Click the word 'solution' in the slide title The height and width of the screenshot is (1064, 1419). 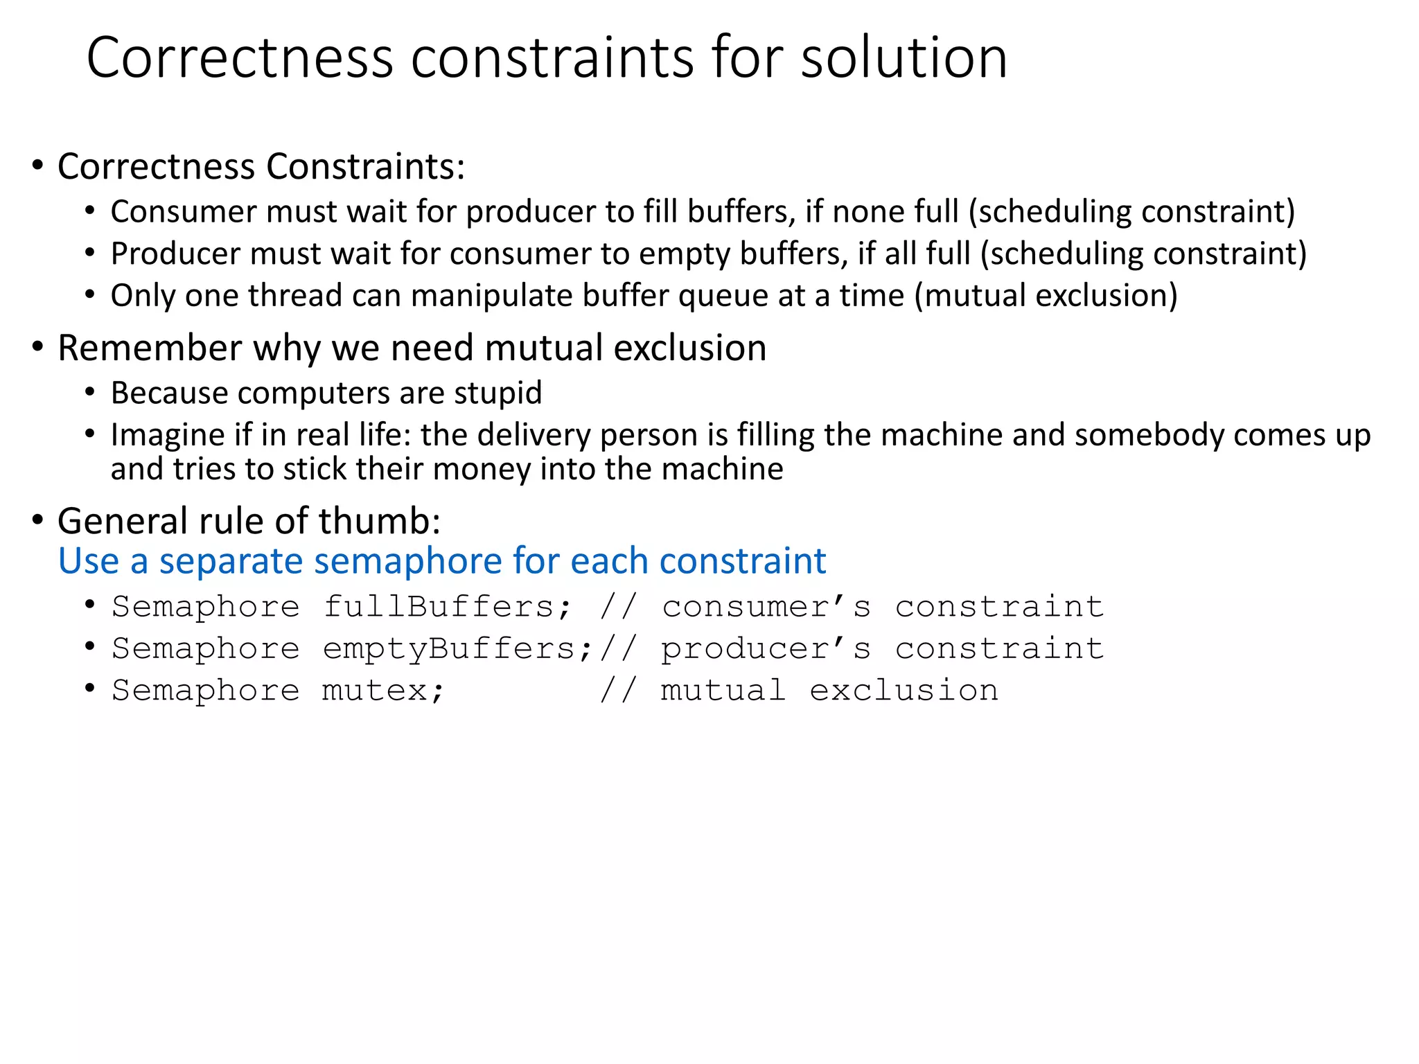pyautogui.click(x=904, y=58)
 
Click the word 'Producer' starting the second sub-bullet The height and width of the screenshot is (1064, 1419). pyautogui.click(x=175, y=254)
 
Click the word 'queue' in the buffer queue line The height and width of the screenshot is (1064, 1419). pyautogui.click(x=723, y=296)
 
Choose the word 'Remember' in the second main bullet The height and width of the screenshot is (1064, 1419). pyautogui.click(x=150, y=348)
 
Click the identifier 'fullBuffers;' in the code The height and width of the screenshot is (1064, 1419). pyautogui.click(x=448, y=608)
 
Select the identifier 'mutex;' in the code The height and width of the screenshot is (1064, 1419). pyautogui.click(x=382, y=691)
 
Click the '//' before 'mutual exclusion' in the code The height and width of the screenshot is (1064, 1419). pyautogui.click(x=617, y=691)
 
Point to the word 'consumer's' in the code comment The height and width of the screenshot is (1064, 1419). pyautogui.click(x=766, y=608)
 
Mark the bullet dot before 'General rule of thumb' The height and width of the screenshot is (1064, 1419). pyautogui.click(x=38, y=520)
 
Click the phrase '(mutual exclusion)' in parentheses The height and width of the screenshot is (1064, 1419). pyautogui.click(x=1046, y=296)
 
